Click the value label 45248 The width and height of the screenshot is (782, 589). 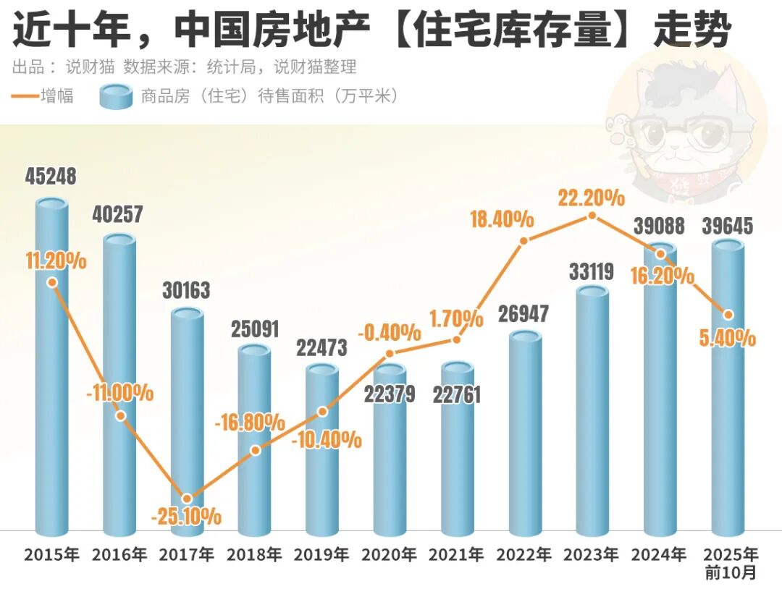click(x=51, y=177)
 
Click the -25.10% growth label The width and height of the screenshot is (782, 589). click(x=186, y=517)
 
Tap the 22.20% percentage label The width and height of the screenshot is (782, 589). click(x=592, y=197)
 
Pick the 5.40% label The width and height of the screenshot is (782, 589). click(x=728, y=338)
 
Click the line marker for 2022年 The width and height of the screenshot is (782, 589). click(x=525, y=240)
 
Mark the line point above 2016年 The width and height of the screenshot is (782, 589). click(x=120, y=415)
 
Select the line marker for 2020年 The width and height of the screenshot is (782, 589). click(x=390, y=354)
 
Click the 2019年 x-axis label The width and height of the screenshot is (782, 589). click(x=321, y=556)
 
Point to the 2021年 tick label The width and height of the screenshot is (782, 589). click(x=456, y=556)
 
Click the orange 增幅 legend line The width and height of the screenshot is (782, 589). click(x=25, y=96)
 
